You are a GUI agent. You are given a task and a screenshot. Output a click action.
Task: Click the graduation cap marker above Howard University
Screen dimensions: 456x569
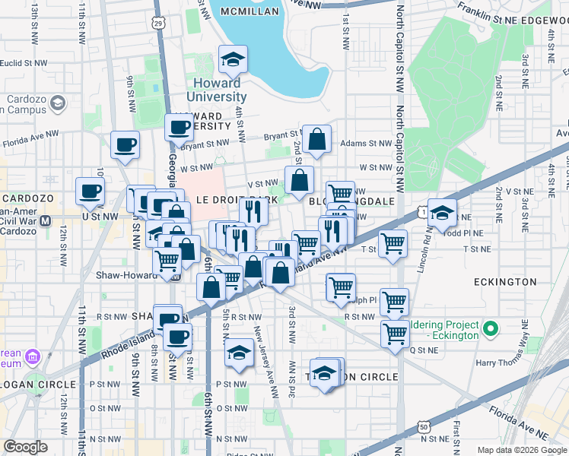coord(234,59)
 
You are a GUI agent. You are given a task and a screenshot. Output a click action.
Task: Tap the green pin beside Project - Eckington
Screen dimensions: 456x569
coord(491,329)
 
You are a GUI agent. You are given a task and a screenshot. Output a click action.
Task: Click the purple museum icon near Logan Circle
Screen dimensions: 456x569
coord(32,356)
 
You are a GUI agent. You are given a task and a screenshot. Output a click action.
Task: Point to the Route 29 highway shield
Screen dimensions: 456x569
coord(157,24)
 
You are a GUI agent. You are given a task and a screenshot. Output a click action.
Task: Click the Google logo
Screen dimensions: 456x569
coord(25,447)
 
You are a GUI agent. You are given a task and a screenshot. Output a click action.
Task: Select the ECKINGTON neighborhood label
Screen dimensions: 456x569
coord(505,282)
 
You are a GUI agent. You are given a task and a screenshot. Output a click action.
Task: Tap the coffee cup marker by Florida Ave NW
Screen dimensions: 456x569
coord(125,144)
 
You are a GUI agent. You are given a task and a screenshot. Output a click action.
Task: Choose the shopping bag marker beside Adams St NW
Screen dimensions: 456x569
coord(317,139)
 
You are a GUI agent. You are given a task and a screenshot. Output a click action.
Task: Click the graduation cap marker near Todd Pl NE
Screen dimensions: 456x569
coord(441,213)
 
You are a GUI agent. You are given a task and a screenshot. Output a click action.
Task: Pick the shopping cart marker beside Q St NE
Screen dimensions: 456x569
coord(395,334)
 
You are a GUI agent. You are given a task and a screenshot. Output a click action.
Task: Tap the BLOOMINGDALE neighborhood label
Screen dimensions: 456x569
coord(351,201)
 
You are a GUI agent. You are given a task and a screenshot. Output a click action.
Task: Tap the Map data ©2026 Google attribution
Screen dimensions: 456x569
coord(522,450)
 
